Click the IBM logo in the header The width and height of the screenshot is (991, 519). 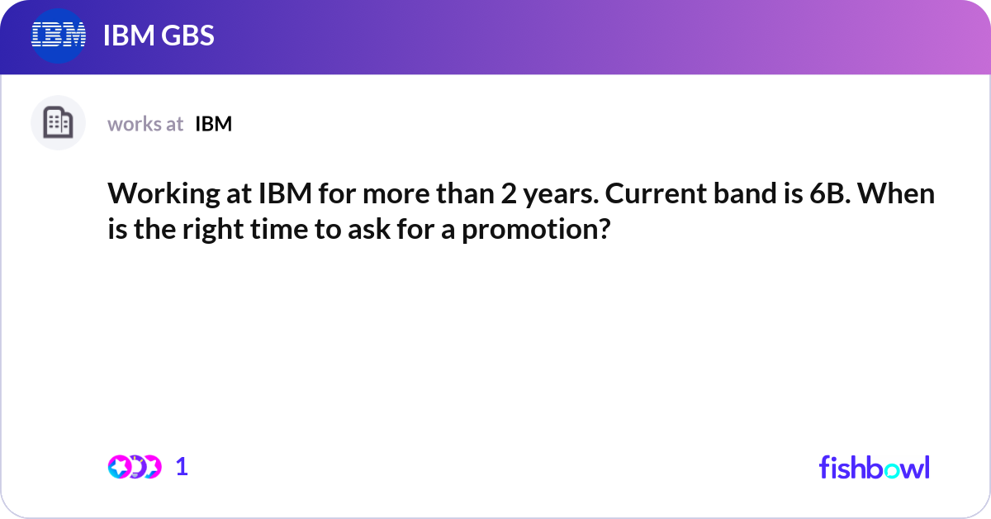click(59, 36)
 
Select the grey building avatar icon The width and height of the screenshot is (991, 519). click(58, 123)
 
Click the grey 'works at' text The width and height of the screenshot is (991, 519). click(145, 124)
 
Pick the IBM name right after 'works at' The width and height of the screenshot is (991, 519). click(213, 124)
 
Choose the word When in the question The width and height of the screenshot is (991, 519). click(905, 196)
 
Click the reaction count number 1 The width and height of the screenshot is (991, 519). click(182, 467)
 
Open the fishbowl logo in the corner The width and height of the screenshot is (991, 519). click(874, 467)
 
